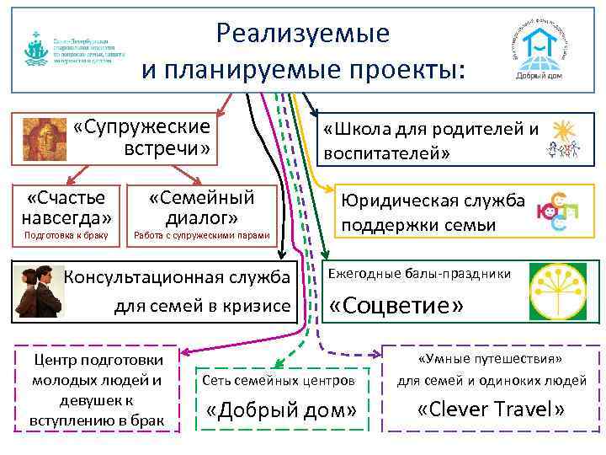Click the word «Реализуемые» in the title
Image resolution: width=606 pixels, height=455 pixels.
click(302, 33)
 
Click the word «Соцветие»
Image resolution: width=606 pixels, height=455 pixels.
click(396, 305)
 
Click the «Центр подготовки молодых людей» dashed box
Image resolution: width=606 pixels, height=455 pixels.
click(98, 388)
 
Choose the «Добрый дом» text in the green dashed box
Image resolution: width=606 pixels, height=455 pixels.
click(282, 411)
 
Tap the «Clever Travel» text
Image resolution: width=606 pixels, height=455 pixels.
click(492, 409)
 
